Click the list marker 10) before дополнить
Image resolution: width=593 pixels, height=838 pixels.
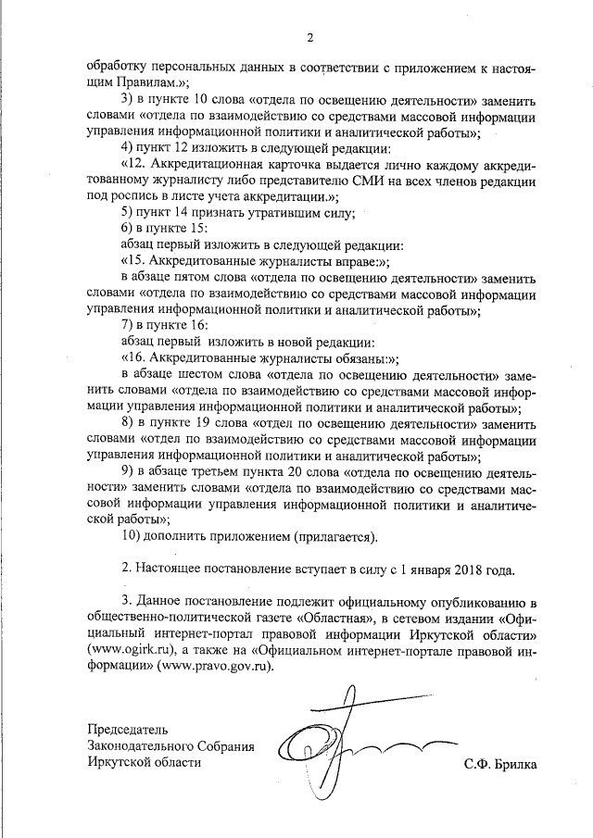click(x=133, y=536)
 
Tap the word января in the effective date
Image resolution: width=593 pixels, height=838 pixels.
click(x=409, y=569)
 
